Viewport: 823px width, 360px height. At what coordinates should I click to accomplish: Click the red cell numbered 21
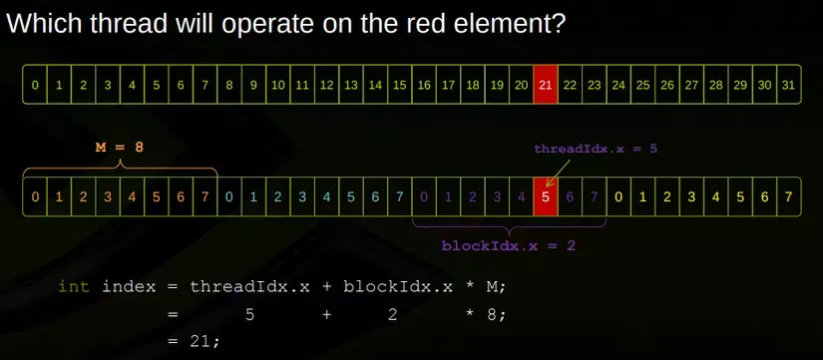point(546,85)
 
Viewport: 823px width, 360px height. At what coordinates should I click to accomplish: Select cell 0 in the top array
point(35,85)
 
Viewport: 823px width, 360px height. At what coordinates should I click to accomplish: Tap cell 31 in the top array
point(789,85)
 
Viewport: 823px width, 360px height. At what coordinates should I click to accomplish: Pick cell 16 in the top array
point(424,85)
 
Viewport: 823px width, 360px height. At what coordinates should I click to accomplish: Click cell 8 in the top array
point(229,85)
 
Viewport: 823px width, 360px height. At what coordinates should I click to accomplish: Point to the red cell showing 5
point(546,196)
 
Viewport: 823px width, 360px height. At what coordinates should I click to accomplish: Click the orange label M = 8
point(119,148)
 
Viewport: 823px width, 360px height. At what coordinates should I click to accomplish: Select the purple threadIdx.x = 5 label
point(596,149)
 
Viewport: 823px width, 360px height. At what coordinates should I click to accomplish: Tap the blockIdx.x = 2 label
point(508,245)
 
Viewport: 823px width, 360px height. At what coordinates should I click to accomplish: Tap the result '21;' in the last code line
point(205,342)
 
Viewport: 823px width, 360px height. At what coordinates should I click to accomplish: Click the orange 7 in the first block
point(206,197)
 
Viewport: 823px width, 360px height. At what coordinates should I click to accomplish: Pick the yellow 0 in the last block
point(618,197)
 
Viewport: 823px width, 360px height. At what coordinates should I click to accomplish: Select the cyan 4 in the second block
point(326,197)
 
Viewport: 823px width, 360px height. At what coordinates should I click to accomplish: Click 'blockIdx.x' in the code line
point(398,287)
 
